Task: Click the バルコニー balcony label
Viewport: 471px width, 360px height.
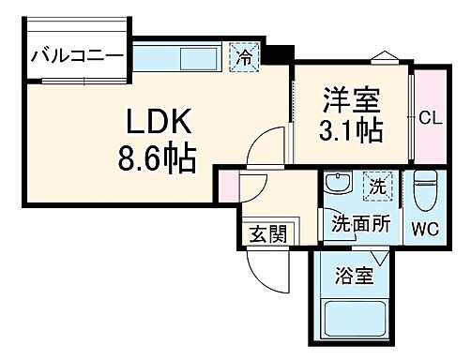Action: (78, 56)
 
